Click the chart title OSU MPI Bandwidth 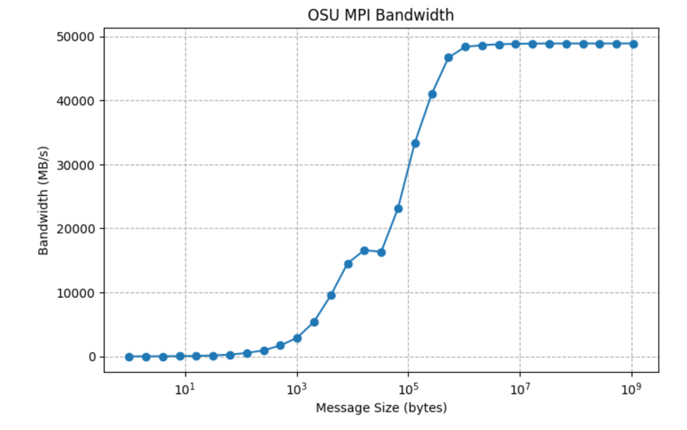pos(381,15)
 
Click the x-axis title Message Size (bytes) pos(381,407)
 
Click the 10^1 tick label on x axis pos(185,387)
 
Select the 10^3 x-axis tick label pos(297,387)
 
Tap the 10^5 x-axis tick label pos(408,387)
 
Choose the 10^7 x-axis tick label pos(520,387)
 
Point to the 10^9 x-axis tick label pos(631,387)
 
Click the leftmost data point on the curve pos(129,357)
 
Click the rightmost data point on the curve pos(633,44)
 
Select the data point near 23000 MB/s pos(399,208)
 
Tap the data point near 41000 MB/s pos(432,94)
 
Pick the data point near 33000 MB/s pos(415,143)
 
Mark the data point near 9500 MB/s pos(331,295)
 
